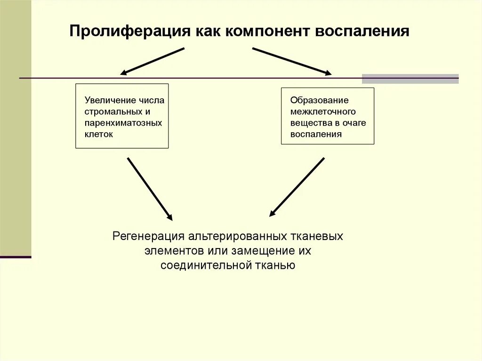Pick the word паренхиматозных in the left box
(x=123, y=123)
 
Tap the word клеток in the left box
(x=99, y=134)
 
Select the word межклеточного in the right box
(x=323, y=112)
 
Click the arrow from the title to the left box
(x=152, y=61)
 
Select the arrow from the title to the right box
(x=292, y=61)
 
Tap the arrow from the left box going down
(x=150, y=189)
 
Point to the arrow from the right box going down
(x=297, y=187)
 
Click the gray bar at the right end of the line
(x=410, y=79)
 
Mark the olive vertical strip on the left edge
(x=16, y=127)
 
